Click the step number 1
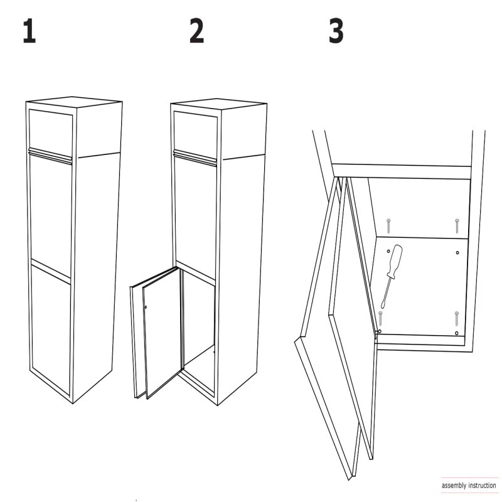pos(29,31)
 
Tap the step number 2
pos(196,31)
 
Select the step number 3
pos(336,31)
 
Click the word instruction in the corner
pos(482,485)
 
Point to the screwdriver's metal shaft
pos(386,293)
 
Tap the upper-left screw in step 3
pos(388,226)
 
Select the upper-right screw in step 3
pos(457,226)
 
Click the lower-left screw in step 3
pos(380,318)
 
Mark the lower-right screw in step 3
pos(457,318)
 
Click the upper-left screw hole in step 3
pos(388,252)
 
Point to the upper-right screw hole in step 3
pos(457,253)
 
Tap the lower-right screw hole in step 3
pos(457,333)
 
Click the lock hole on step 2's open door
pos(146,307)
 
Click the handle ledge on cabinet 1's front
pos(50,156)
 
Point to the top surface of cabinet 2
pos(218,104)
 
